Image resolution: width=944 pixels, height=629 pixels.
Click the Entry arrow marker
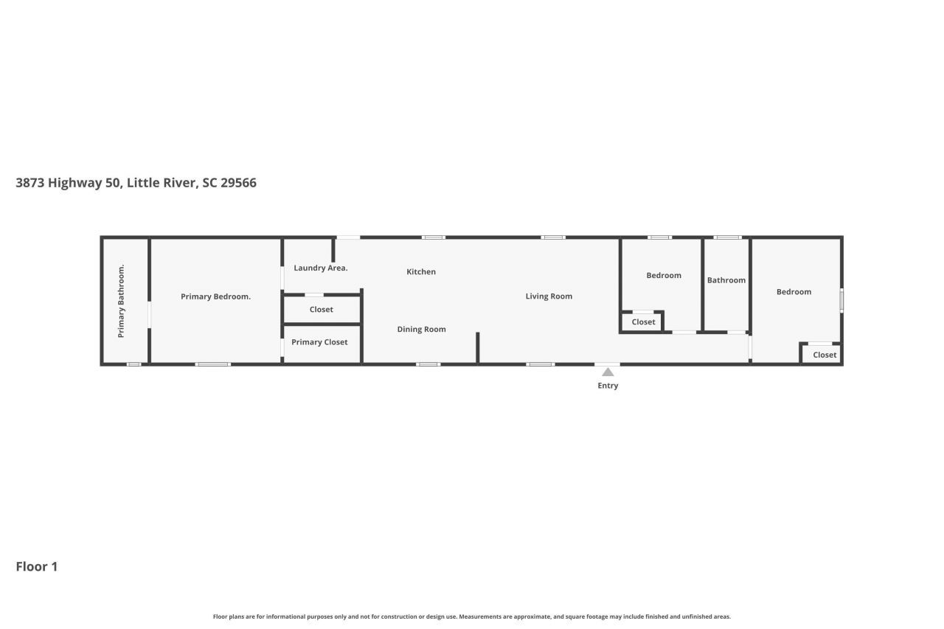pyautogui.click(x=608, y=372)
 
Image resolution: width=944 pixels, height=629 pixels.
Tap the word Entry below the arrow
pyautogui.click(x=608, y=386)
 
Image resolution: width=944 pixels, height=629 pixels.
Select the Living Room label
pyautogui.click(x=549, y=296)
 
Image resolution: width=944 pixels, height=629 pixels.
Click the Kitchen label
pyautogui.click(x=421, y=272)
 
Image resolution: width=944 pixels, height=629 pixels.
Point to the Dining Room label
pyautogui.click(x=421, y=330)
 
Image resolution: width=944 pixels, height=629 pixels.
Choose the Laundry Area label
pyautogui.click(x=320, y=268)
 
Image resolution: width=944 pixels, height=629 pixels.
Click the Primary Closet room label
pyautogui.click(x=319, y=342)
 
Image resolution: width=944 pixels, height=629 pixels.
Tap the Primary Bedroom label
pyautogui.click(x=215, y=297)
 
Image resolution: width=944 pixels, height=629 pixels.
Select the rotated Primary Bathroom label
pyautogui.click(x=122, y=301)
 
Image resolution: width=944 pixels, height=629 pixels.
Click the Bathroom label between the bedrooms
pyautogui.click(x=726, y=280)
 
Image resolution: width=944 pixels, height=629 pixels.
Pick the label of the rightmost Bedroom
pyautogui.click(x=794, y=292)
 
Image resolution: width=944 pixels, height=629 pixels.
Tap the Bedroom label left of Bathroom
pyautogui.click(x=664, y=276)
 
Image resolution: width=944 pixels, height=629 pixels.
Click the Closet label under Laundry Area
pyautogui.click(x=321, y=310)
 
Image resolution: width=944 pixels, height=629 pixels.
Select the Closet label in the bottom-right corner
pyautogui.click(x=825, y=355)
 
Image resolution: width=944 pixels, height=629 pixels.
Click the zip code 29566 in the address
pyautogui.click(x=238, y=183)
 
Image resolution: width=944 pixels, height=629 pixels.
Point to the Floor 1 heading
pyautogui.click(x=37, y=566)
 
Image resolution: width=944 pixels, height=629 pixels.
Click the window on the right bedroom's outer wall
pyautogui.click(x=841, y=300)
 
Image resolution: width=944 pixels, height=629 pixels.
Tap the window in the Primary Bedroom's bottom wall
pyautogui.click(x=212, y=364)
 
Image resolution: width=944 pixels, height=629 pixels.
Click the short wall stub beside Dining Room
pyautogui.click(x=478, y=347)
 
